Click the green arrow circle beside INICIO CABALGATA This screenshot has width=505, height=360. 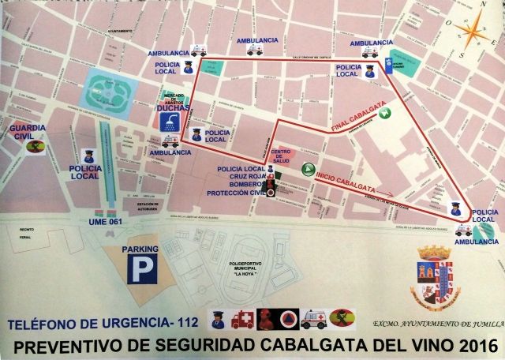point(307,170)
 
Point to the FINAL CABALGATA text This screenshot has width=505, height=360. point(355,118)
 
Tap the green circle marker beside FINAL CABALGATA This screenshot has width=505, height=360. point(386,114)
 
